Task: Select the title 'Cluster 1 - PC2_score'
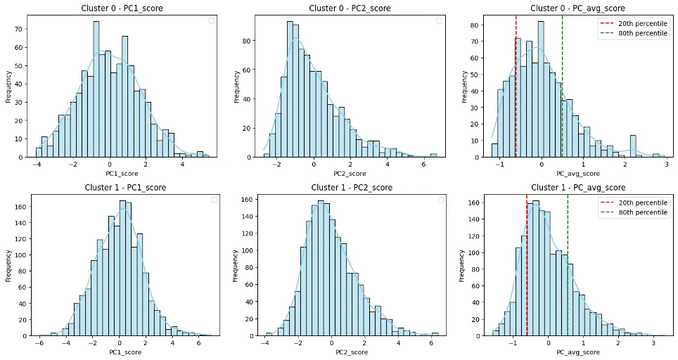[351, 188]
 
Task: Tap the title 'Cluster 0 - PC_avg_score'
[577, 8]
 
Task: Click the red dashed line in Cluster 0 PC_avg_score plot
[516, 84]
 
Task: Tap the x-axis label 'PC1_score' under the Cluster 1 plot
[125, 352]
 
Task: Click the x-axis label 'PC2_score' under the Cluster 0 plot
[351, 173]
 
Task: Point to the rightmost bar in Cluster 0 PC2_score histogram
[433, 155]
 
